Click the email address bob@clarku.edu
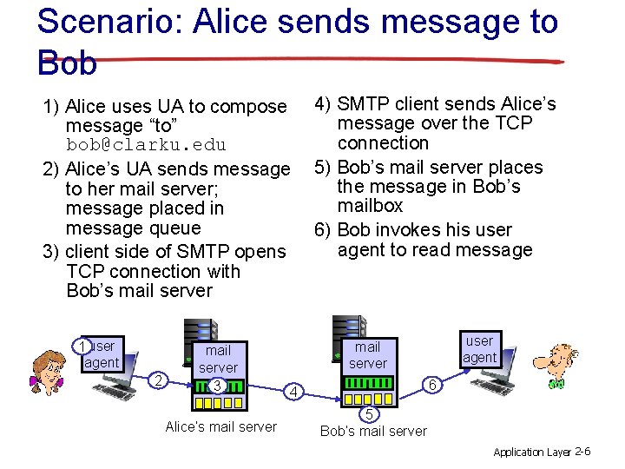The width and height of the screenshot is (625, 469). pyautogui.click(x=146, y=144)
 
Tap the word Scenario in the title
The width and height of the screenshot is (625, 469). pyautogui.click(x=104, y=22)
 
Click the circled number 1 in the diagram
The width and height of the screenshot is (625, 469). pyautogui.click(x=80, y=347)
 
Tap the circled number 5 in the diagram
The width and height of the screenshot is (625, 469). pyautogui.click(x=369, y=413)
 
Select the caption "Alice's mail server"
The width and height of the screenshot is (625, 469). pyautogui.click(x=220, y=426)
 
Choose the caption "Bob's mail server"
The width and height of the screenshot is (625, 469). pyautogui.click(x=373, y=431)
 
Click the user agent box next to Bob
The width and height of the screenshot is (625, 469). pyautogui.click(x=479, y=349)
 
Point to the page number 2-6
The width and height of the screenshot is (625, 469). pyautogui.click(x=582, y=452)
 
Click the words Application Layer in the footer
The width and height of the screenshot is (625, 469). pyautogui.click(x=531, y=452)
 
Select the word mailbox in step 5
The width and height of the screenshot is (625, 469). pyautogui.click(x=371, y=206)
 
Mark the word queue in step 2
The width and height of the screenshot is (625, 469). pyautogui.click(x=173, y=228)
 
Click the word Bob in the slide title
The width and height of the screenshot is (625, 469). pyautogui.click(x=68, y=62)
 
